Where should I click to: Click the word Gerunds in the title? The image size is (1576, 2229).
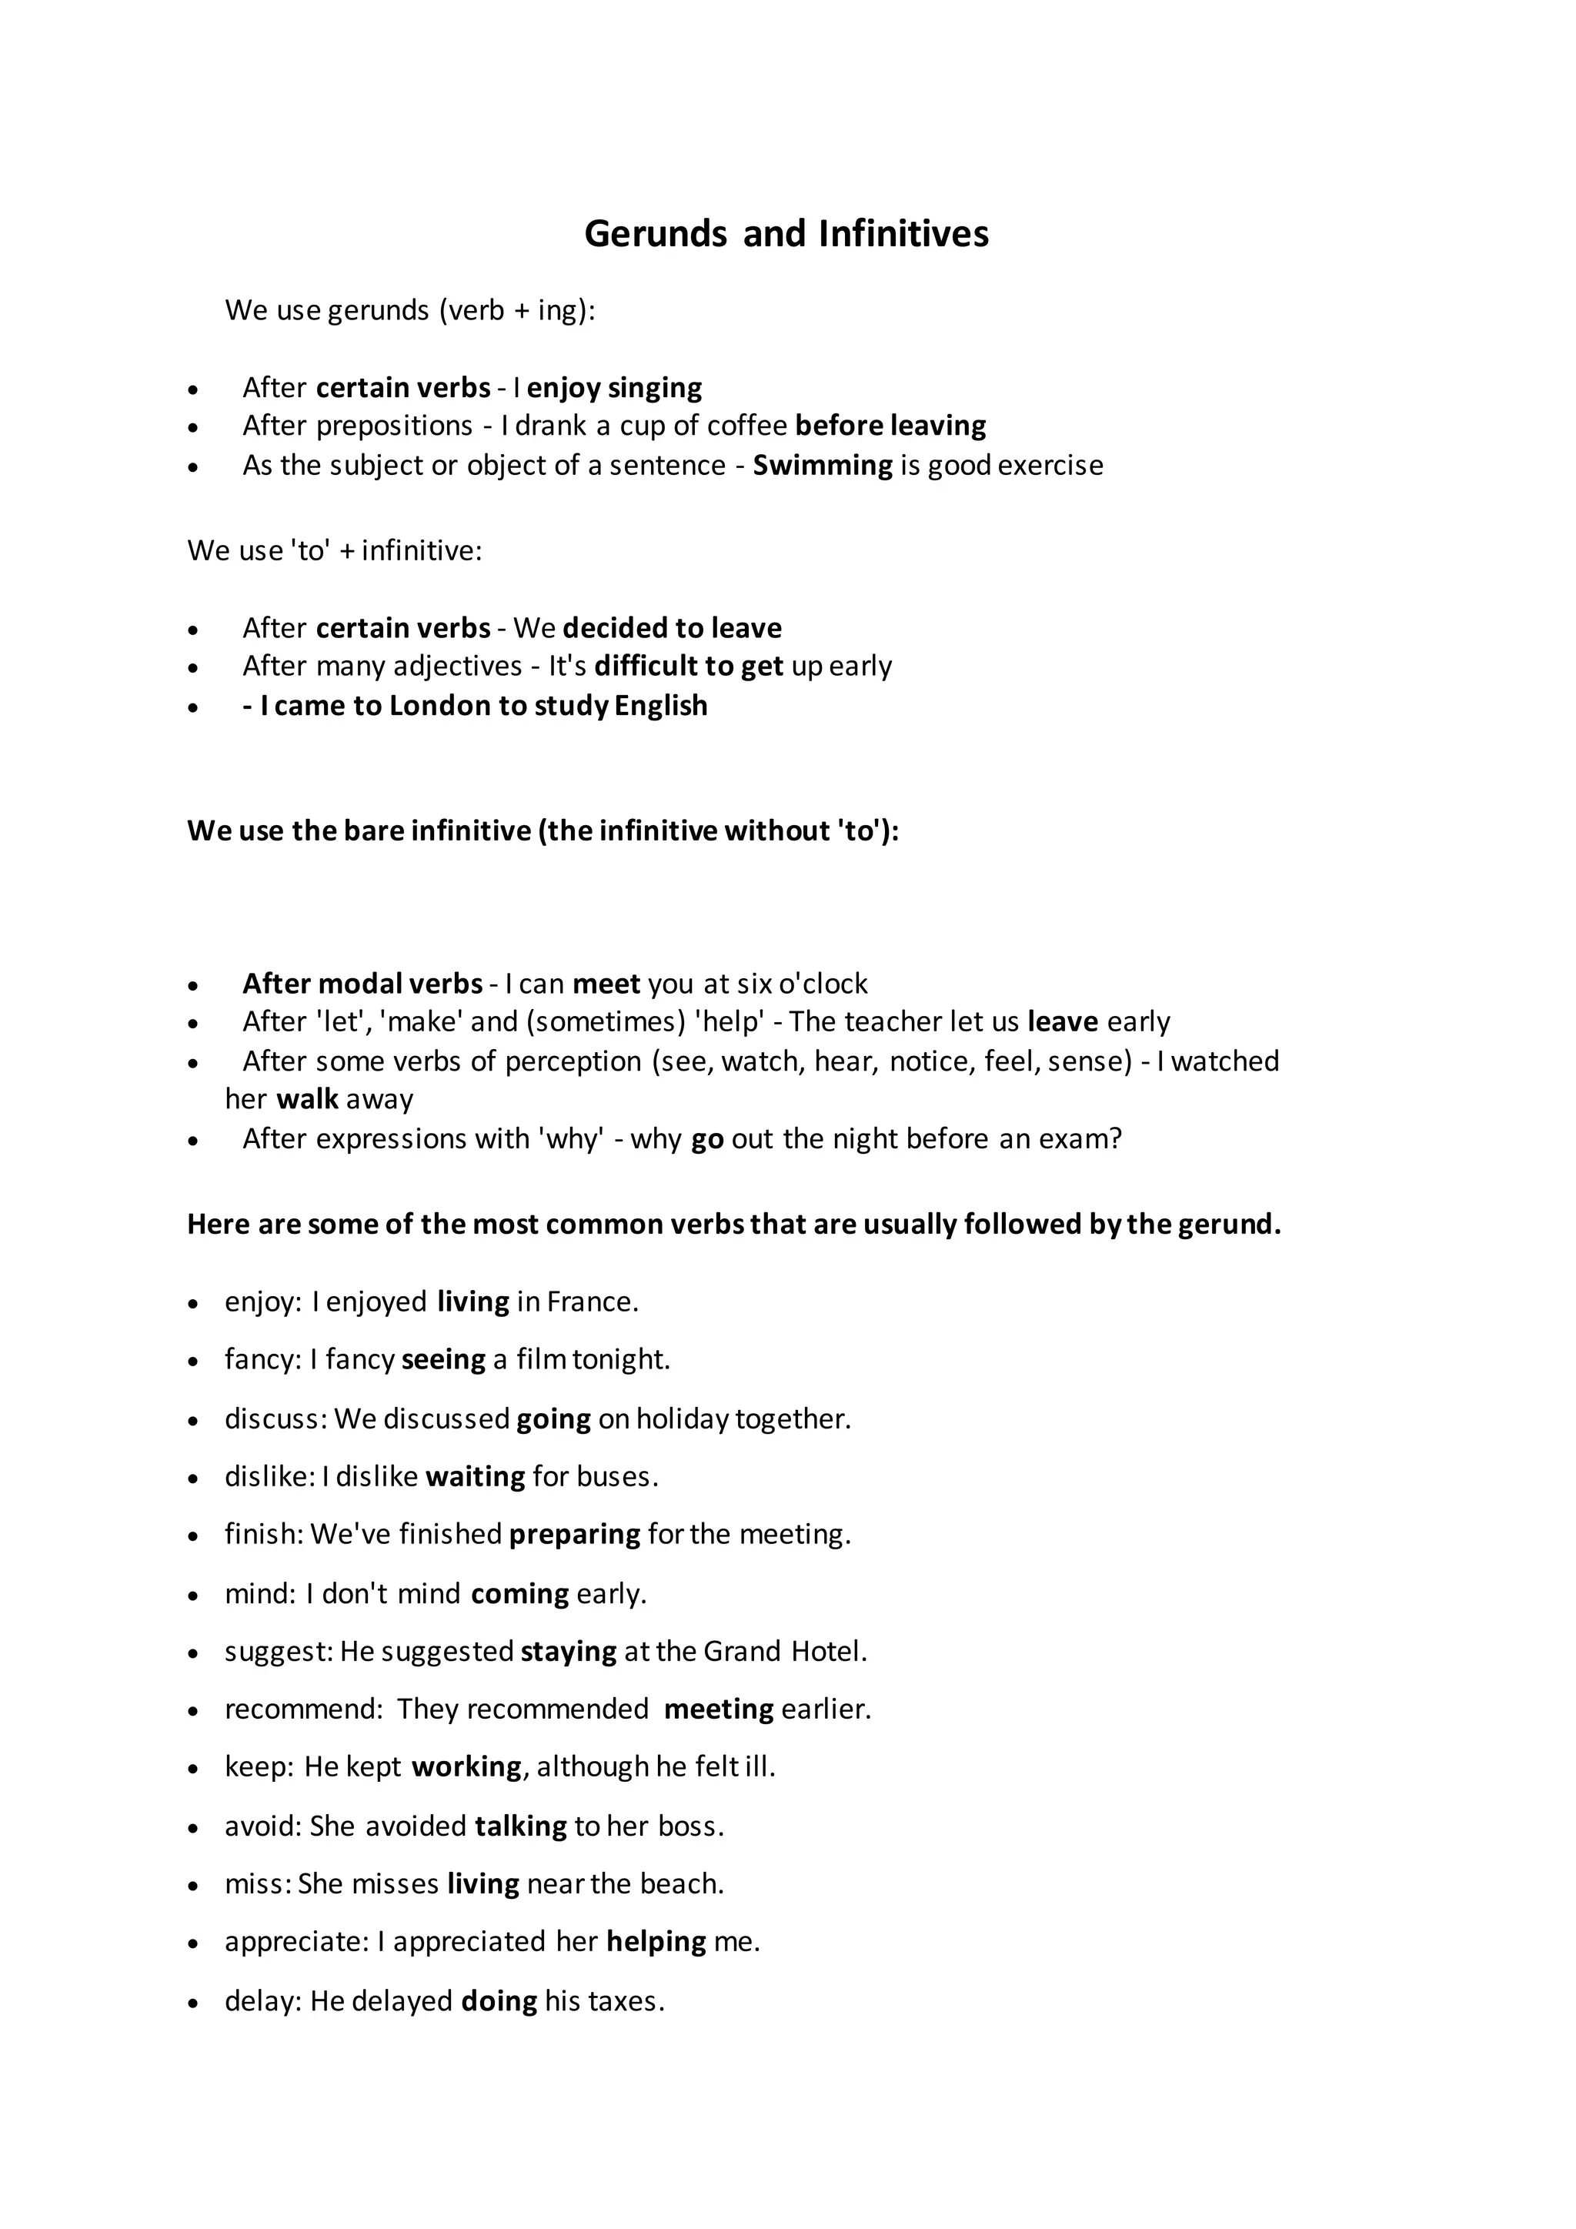[655, 234]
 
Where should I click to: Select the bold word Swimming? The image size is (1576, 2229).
[822, 465]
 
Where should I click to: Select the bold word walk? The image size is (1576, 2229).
[307, 1099]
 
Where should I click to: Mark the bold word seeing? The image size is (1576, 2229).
[442, 1359]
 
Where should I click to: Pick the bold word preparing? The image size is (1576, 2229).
[575, 1534]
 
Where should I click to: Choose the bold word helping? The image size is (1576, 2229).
[656, 1942]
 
